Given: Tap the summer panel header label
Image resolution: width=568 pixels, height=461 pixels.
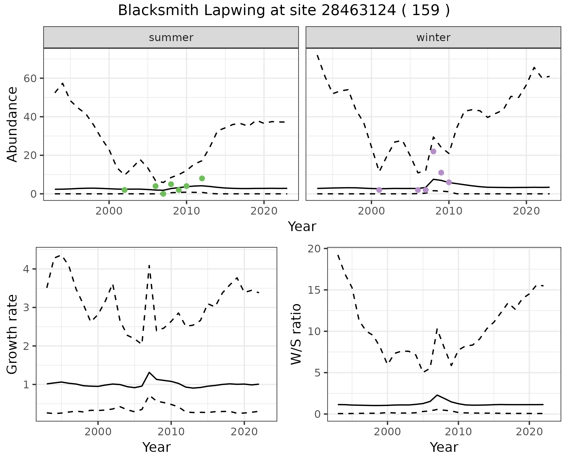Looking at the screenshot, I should tap(171, 38).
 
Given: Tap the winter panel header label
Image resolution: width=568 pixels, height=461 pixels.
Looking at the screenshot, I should tap(433, 38).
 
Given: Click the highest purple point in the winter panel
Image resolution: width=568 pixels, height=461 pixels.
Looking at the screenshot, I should tap(433, 151).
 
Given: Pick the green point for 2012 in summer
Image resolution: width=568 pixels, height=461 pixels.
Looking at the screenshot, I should tap(202, 178).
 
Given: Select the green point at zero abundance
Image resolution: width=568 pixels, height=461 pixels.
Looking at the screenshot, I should tap(163, 194).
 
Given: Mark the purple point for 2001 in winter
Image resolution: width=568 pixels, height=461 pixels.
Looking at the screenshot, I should tap(379, 190).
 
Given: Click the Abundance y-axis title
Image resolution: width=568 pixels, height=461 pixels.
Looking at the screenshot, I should tap(12, 124).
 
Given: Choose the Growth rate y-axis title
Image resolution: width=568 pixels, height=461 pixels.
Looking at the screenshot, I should tap(12, 334).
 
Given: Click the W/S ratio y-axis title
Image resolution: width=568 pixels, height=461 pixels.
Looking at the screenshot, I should tap(296, 334).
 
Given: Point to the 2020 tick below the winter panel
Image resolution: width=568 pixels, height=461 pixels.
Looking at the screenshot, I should tap(526, 211).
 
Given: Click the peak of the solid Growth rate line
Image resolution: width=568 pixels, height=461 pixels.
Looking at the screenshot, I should tap(149, 372).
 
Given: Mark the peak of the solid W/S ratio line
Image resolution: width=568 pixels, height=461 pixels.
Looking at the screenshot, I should tap(437, 395).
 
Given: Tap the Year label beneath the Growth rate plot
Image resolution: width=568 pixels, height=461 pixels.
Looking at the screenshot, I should tap(156, 447).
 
